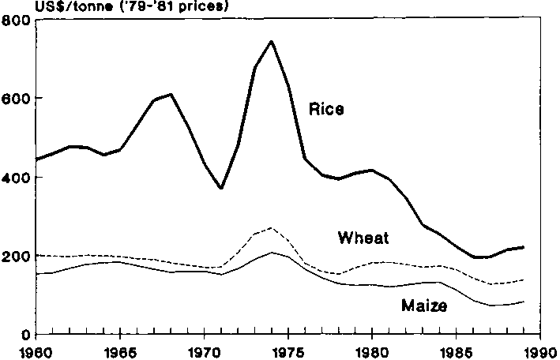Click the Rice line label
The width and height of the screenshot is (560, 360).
[x=325, y=109]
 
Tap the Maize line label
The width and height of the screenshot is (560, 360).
[x=423, y=306]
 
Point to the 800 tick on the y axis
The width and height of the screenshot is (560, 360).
[x=16, y=21]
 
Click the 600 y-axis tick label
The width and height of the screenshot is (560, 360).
[x=16, y=99]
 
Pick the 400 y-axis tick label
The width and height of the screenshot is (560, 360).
[x=16, y=178]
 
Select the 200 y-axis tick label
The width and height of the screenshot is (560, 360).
[x=16, y=257]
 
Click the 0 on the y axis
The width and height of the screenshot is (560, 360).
[x=25, y=335]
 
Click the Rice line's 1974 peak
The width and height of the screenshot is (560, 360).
[x=272, y=41]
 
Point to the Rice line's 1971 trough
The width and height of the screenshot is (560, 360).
[x=221, y=188]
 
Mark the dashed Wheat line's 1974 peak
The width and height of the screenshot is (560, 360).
[x=272, y=228]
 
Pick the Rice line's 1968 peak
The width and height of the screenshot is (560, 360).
[x=171, y=95]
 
